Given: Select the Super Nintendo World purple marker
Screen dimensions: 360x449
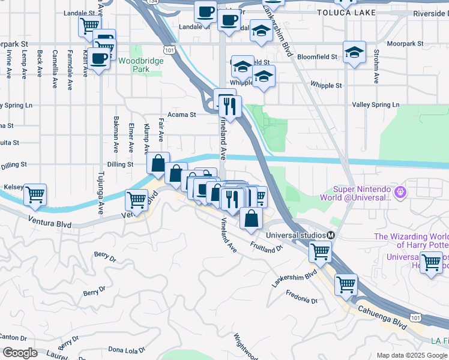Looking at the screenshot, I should (x=402, y=193).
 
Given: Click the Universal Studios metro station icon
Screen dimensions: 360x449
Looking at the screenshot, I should (x=331, y=235).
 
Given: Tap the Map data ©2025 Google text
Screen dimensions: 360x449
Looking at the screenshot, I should (x=412, y=355).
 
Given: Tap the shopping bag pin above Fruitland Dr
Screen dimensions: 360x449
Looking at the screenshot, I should (x=251, y=218).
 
